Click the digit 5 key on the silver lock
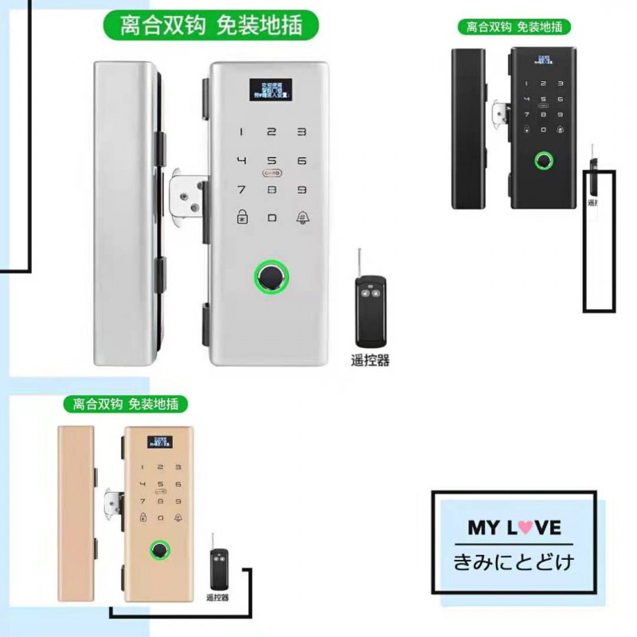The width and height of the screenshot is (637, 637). pyautogui.click(x=272, y=161)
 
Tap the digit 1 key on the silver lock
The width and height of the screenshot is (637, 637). pyautogui.click(x=241, y=133)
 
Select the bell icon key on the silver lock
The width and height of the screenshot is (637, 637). pyautogui.click(x=302, y=217)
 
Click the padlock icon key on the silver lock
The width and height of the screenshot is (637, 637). pyautogui.click(x=241, y=217)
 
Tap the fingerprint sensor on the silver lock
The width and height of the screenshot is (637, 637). pyautogui.click(x=272, y=277)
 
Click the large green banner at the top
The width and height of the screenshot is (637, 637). pyautogui.click(x=211, y=25)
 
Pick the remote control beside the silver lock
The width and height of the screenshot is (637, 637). pyautogui.click(x=369, y=306)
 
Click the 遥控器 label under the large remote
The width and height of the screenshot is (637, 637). pyautogui.click(x=370, y=360)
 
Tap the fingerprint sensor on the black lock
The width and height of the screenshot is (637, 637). pyautogui.click(x=544, y=162)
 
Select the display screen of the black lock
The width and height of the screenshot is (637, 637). pyautogui.click(x=545, y=61)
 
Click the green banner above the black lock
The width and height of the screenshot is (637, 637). pyautogui.click(x=514, y=26)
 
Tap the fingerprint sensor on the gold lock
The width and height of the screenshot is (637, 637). pyautogui.click(x=161, y=550)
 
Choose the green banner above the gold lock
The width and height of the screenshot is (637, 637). pyautogui.click(x=125, y=404)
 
